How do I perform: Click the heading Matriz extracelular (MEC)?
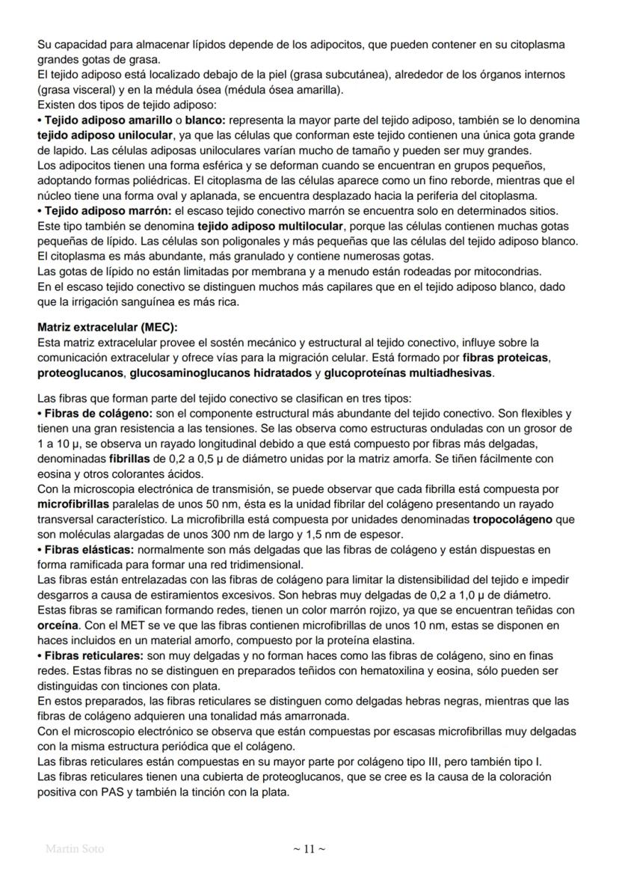[108, 327]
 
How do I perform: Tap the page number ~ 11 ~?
[309, 848]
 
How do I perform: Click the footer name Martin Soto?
[75, 848]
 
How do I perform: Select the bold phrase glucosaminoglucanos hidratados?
[220, 373]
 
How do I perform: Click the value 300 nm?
[228, 534]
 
